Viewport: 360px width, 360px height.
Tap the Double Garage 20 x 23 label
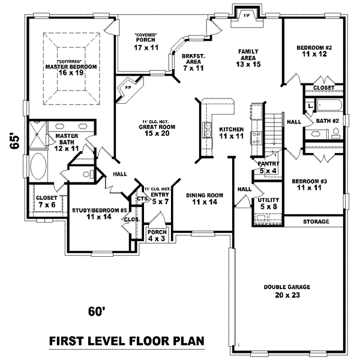coord(281,290)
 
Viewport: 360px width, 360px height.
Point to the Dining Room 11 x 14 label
coord(204,198)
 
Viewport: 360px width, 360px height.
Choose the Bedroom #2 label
coord(314,50)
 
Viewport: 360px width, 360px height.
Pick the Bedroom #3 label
coord(310,184)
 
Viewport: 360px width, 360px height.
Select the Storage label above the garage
coord(316,221)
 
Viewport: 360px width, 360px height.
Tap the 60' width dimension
coord(97,311)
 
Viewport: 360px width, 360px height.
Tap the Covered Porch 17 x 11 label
coord(146,41)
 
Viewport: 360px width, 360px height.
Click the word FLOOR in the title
coord(147,341)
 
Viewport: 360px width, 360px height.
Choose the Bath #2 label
coord(328,121)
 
